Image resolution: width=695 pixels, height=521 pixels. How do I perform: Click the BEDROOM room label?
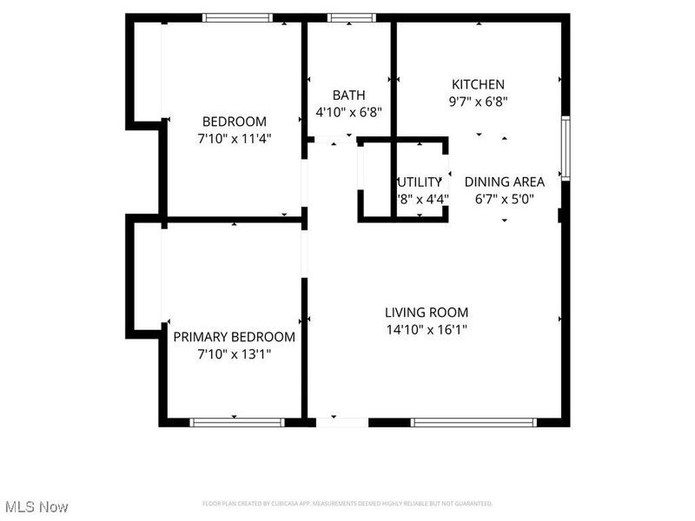[235, 122]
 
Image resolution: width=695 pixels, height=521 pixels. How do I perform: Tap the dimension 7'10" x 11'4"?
[235, 137]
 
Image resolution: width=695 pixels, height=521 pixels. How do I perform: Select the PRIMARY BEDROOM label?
[234, 337]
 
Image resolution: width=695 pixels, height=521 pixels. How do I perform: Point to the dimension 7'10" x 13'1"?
[235, 353]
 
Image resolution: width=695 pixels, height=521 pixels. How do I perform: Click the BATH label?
[348, 96]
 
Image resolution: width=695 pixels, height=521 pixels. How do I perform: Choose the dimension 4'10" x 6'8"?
[348, 111]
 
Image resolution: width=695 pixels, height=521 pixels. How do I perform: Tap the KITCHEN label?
[478, 84]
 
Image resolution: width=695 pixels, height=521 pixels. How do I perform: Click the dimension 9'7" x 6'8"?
[478, 101]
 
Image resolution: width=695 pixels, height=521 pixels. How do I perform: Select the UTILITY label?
[420, 182]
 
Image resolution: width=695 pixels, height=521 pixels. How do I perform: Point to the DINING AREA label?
[505, 181]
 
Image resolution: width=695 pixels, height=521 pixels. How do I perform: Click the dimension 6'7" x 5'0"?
[505, 198]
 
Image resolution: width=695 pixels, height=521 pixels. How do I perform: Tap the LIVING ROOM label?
[427, 313]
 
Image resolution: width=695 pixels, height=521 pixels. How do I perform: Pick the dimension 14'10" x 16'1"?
[427, 329]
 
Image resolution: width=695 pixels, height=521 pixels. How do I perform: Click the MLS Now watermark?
[36, 506]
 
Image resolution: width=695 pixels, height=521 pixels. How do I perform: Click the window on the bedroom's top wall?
[237, 17]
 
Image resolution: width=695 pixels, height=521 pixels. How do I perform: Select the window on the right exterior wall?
[566, 148]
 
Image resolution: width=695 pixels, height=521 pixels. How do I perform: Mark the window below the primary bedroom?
[237, 423]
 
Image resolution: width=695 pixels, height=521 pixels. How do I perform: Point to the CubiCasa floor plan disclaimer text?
[347, 504]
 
